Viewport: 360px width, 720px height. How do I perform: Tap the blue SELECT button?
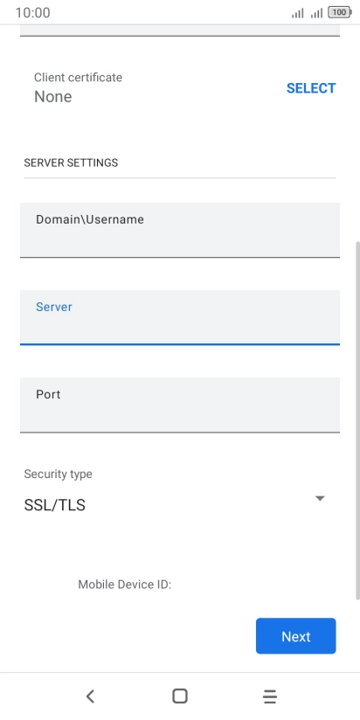coord(311,88)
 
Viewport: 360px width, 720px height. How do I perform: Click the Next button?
coord(295,636)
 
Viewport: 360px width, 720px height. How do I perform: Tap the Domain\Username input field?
coord(180,230)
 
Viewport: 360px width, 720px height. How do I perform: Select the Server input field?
coord(180,317)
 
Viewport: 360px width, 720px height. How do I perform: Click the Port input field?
coord(180,405)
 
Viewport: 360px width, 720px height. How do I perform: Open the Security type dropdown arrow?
coord(320,498)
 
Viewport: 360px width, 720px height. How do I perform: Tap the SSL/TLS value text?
coord(55,506)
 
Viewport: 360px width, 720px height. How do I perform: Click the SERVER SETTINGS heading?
coord(71,163)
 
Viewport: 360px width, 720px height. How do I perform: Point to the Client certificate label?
coord(78,77)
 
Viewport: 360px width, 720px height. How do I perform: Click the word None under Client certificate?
coord(52,96)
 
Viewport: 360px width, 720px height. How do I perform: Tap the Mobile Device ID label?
coord(124,585)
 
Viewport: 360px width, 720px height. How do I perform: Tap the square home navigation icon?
coord(179,696)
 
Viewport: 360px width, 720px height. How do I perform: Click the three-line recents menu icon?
coord(270,696)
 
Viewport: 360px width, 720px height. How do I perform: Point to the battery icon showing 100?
coord(340,13)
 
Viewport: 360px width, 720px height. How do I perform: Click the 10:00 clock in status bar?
coord(32,13)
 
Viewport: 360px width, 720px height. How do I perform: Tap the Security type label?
coord(58,474)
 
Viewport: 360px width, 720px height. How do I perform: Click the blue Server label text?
coord(53,307)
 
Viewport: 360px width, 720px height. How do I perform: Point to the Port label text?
coord(48,394)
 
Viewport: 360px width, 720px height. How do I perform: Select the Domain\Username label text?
coord(90,219)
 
